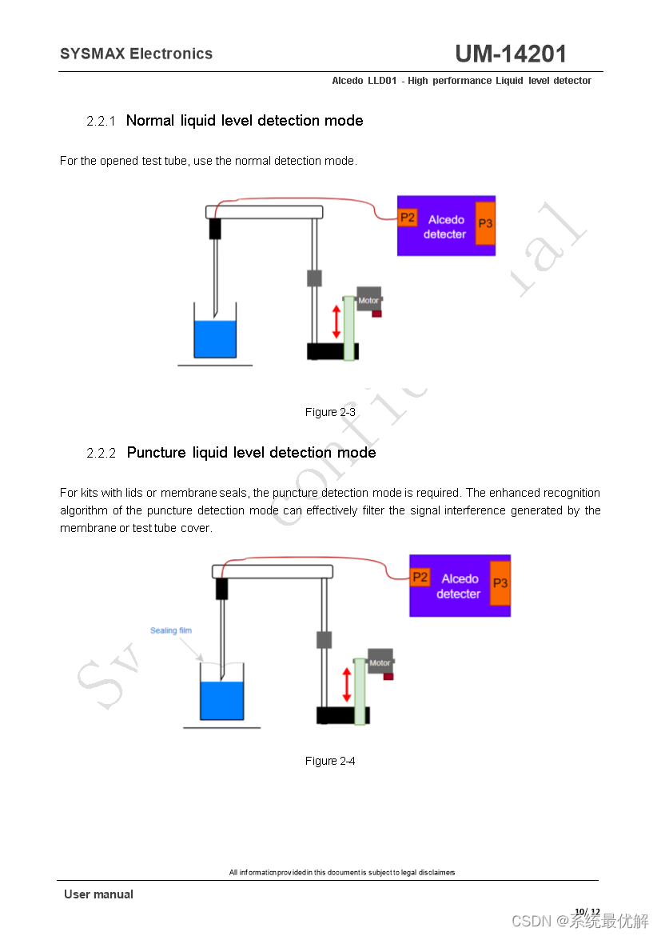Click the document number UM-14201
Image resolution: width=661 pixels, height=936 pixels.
pyautogui.click(x=511, y=54)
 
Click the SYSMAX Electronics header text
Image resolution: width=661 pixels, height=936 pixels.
pyautogui.click(x=136, y=54)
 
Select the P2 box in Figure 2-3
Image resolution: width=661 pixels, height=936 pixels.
pyautogui.click(x=408, y=218)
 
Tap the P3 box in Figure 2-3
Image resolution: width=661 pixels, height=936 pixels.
pyautogui.click(x=485, y=224)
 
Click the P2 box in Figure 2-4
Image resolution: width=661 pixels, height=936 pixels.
pyautogui.click(x=420, y=578)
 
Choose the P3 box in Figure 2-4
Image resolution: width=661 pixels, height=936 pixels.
pyautogui.click(x=500, y=584)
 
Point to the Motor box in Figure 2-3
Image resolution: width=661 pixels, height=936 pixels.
pyautogui.click(x=368, y=300)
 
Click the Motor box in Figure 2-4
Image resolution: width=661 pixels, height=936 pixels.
pyautogui.click(x=380, y=662)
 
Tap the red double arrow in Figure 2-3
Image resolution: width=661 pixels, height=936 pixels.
pyautogui.click(x=336, y=321)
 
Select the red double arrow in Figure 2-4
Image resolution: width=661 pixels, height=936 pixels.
pyautogui.click(x=347, y=685)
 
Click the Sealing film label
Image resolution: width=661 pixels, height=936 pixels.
pyautogui.click(x=171, y=630)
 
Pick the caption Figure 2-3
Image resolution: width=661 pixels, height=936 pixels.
pyautogui.click(x=330, y=412)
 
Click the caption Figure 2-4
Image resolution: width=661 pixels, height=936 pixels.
pyautogui.click(x=330, y=761)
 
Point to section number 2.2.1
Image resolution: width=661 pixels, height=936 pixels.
pyautogui.click(x=102, y=122)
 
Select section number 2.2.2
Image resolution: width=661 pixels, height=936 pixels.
pyautogui.click(x=102, y=454)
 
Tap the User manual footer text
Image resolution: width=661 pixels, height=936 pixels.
pyautogui.click(x=98, y=894)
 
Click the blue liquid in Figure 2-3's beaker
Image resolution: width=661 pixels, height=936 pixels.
pyautogui.click(x=216, y=340)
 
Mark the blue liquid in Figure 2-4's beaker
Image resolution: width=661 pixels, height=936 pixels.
pyautogui.click(x=222, y=701)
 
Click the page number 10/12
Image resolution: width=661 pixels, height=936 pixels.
pyautogui.click(x=587, y=911)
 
